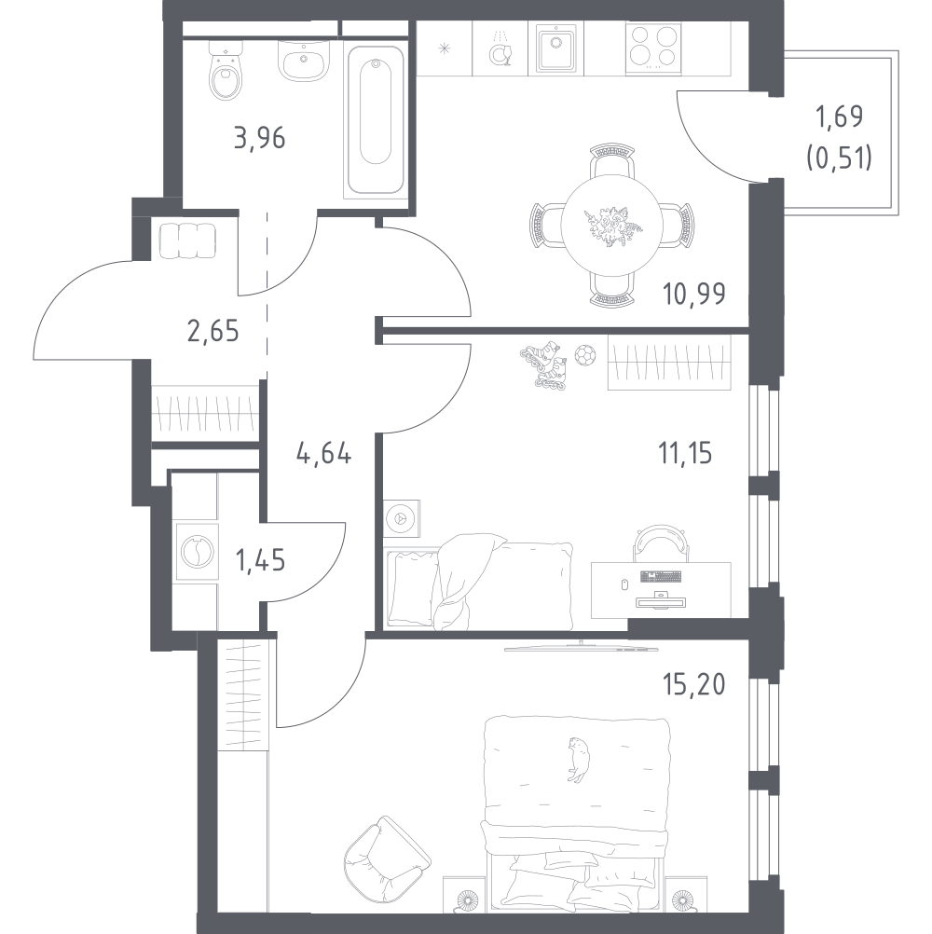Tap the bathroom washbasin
(304, 61)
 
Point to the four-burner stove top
(653, 48)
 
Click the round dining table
(611, 225)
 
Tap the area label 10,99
(693, 294)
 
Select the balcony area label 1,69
(839, 117)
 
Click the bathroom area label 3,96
(260, 138)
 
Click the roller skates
(543, 365)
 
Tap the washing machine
(198, 553)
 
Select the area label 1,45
(260, 560)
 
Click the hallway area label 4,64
(323, 454)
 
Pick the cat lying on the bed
(576, 760)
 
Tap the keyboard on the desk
(661, 577)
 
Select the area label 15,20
(693, 685)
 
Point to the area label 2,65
(212, 331)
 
